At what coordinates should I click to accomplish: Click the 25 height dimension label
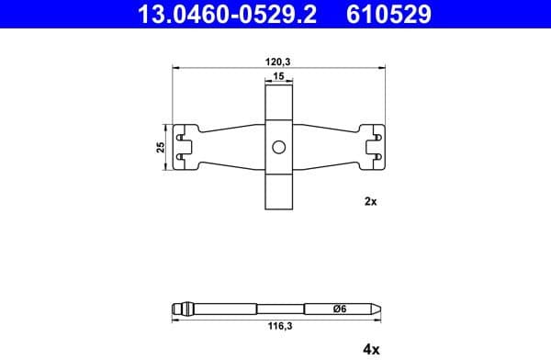161,147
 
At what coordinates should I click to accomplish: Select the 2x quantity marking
370,201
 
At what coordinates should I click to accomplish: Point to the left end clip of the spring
186,147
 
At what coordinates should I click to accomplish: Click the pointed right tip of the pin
380,309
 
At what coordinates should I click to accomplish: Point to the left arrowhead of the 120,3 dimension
175,69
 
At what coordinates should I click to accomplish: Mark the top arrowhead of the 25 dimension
169,126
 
